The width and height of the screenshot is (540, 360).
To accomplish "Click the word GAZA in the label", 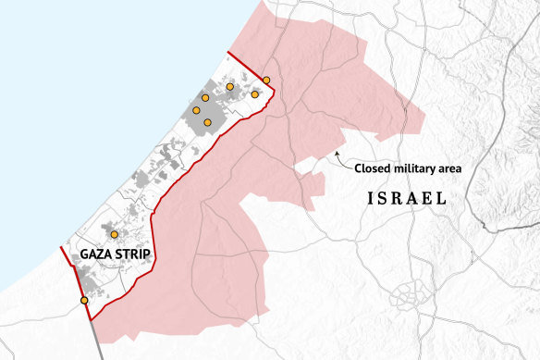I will tap(97, 254).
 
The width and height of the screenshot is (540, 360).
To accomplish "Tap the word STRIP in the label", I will tap(134, 254).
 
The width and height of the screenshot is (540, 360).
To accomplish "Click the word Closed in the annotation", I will tap(374, 168).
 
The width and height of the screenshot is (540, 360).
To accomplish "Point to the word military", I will tap(416, 168).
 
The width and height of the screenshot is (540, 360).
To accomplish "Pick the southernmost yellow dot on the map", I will tap(84, 301).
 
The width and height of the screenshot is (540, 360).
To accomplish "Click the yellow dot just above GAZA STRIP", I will tap(114, 235).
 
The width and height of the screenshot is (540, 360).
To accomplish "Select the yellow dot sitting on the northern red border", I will tap(266, 81).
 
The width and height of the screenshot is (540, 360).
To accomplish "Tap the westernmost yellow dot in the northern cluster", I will tap(196, 110).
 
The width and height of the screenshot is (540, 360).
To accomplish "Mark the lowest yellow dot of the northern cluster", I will tap(208, 122).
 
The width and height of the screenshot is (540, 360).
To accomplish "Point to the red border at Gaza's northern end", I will tap(245, 66).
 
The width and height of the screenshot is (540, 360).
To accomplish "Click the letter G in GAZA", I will tap(84, 254).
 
